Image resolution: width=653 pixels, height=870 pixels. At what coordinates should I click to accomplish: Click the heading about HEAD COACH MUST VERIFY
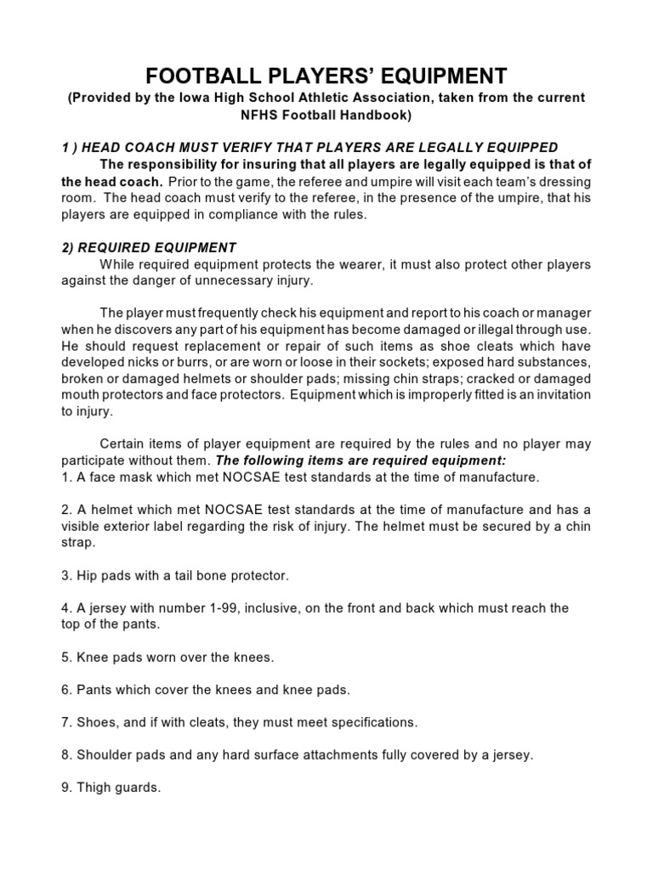pyautogui.click(x=309, y=147)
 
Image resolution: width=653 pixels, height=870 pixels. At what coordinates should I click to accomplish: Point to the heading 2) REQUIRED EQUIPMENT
pyautogui.click(x=149, y=247)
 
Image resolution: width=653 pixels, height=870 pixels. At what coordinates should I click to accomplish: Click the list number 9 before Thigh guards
pyautogui.click(x=65, y=788)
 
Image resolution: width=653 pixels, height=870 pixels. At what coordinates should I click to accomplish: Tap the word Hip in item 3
pyautogui.click(x=88, y=576)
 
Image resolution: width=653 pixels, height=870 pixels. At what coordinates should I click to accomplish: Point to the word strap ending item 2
pyautogui.click(x=77, y=541)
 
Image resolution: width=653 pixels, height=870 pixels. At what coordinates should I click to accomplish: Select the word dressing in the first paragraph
pyautogui.click(x=563, y=182)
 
